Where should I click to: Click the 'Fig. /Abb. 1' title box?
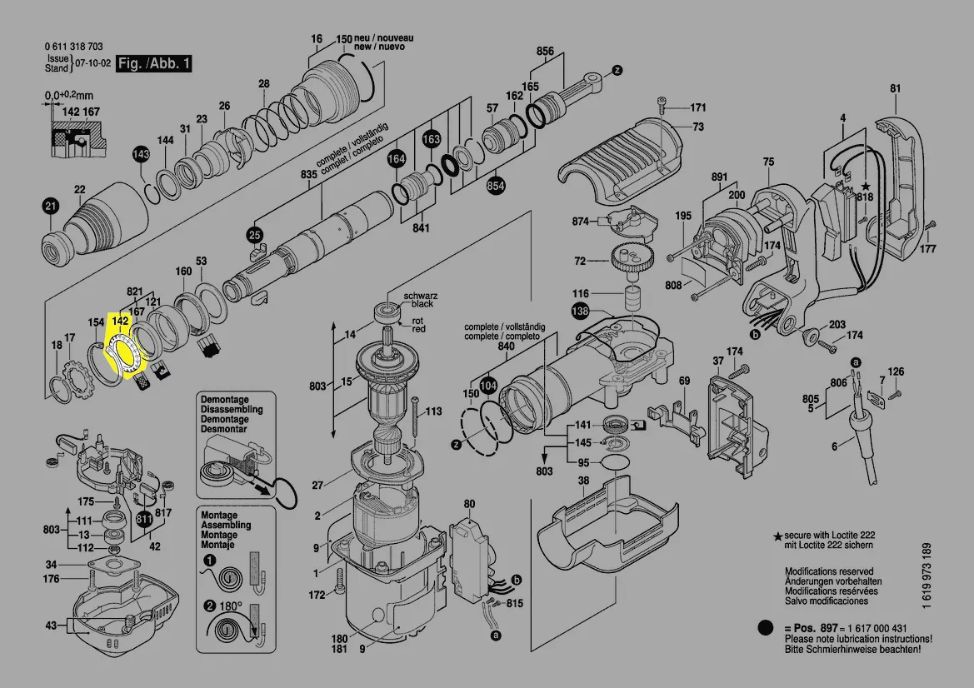[154, 63]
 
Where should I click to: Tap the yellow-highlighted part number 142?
[120, 321]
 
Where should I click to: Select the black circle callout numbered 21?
[52, 207]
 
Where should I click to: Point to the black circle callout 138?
[580, 312]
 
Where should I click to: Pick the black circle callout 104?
[489, 386]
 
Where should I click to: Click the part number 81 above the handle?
[896, 88]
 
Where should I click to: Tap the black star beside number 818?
[866, 187]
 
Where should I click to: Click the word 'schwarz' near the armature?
[421, 297]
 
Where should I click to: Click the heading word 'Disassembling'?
[232, 410]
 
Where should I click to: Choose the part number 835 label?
[309, 174]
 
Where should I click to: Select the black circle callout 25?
[254, 236]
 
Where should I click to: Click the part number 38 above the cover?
[583, 481]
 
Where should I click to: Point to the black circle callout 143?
[142, 155]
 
